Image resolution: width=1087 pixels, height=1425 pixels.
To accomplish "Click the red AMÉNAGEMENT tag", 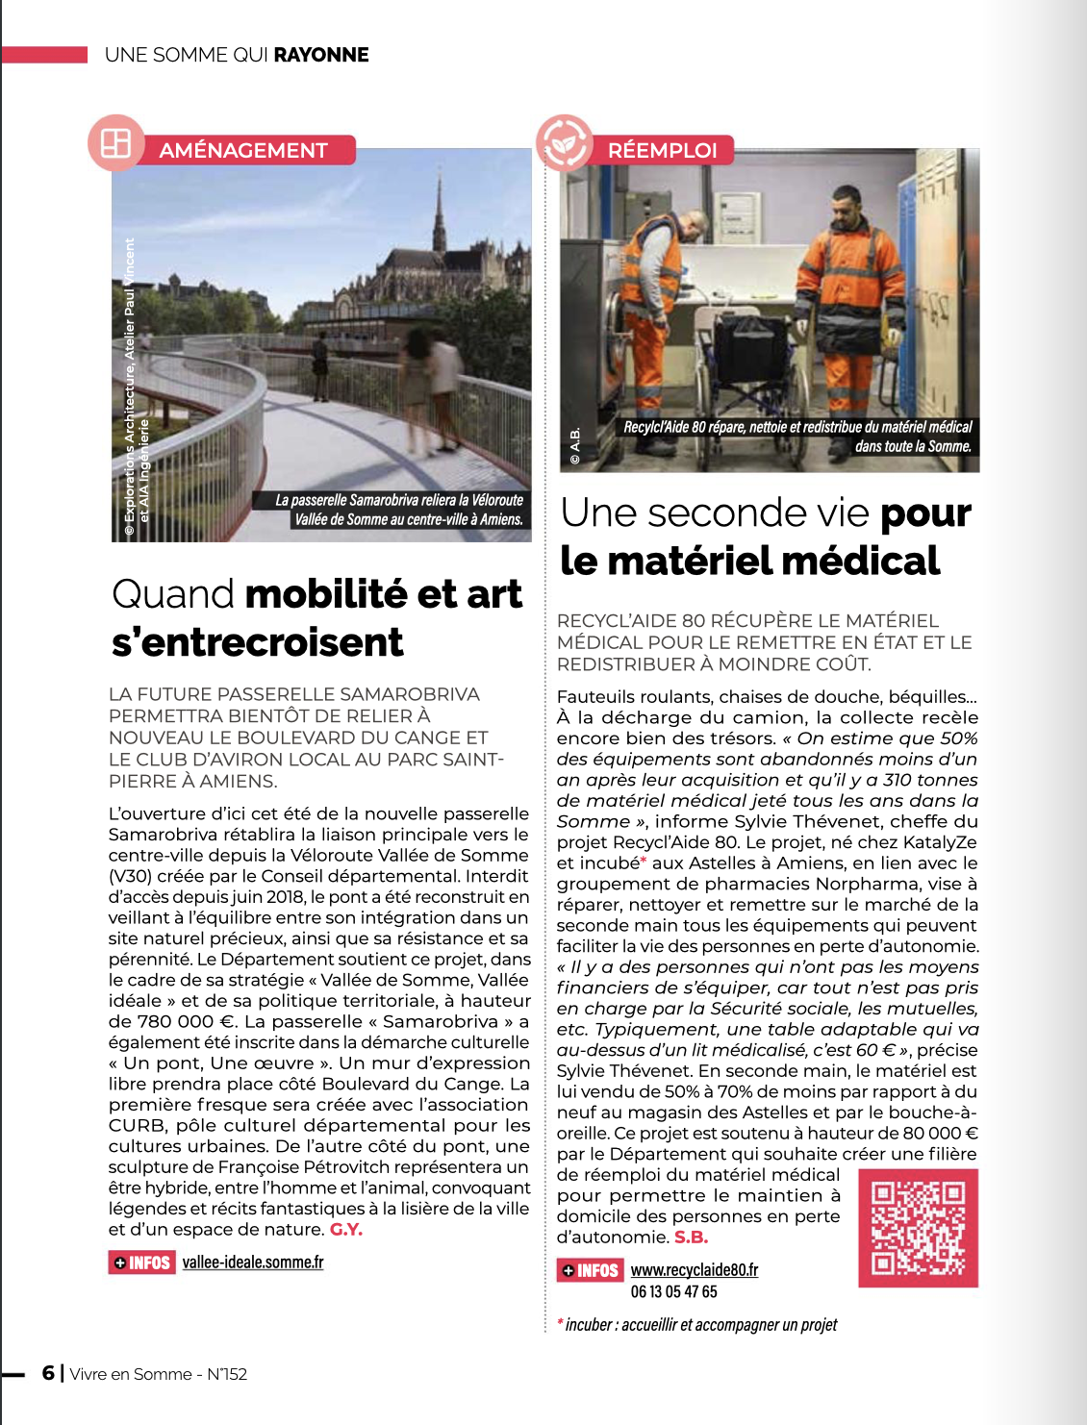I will click(243, 150).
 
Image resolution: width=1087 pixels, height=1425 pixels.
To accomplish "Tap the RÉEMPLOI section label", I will click(663, 150).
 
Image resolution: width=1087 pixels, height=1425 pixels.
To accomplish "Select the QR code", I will click(918, 1228).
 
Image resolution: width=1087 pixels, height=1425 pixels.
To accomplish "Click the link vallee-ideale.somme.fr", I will click(253, 1262).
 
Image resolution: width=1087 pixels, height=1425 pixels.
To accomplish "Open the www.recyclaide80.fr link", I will click(695, 1270).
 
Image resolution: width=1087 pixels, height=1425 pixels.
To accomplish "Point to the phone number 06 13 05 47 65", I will click(674, 1292).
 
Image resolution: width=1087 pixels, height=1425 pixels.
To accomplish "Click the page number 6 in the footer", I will click(48, 1373).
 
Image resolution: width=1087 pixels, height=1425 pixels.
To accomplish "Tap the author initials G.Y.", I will click(346, 1230).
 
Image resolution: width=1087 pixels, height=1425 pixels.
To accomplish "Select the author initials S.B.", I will click(691, 1237).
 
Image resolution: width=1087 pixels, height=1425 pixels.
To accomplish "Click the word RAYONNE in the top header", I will click(321, 55).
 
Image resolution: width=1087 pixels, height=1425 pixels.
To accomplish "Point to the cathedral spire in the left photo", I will click(440, 207).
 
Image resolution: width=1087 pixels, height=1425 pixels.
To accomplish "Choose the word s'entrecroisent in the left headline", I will click(258, 642).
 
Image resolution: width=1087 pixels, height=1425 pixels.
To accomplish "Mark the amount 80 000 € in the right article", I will click(929, 1134).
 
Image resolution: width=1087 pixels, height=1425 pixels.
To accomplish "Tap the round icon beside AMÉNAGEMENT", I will click(115, 143).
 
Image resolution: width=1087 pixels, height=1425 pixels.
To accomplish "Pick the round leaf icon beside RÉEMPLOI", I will click(565, 142).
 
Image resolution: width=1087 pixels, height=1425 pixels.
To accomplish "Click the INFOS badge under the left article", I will click(141, 1262).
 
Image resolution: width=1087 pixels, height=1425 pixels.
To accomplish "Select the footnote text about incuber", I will click(700, 1325).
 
